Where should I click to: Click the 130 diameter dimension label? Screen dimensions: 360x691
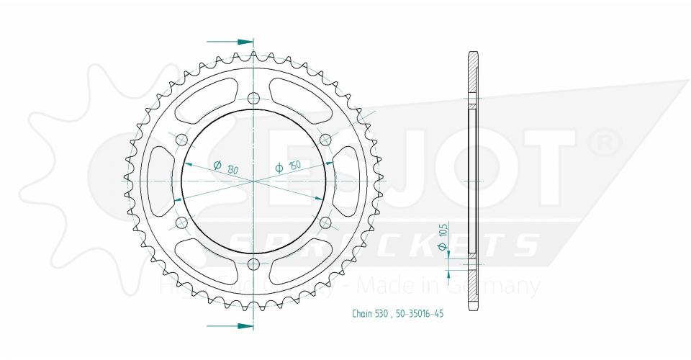(227, 168)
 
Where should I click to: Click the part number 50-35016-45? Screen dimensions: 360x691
(420, 313)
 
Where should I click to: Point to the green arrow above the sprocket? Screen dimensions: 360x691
(243, 41)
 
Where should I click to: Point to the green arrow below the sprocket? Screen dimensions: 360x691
(243, 326)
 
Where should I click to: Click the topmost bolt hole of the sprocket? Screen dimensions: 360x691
(253, 99)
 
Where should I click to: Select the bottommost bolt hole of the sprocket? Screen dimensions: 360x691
(253, 264)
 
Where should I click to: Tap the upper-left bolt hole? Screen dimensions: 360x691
(181, 140)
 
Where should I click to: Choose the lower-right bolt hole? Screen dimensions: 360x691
(325, 222)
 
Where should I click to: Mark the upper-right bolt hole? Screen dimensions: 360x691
(325, 140)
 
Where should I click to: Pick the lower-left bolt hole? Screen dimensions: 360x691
(181, 222)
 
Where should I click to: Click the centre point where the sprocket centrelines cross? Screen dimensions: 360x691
(253, 181)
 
